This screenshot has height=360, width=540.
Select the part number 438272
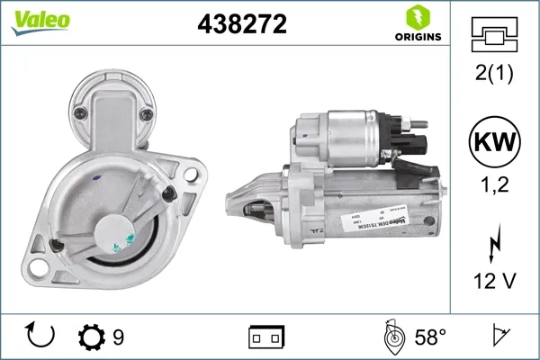(x=242, y=25)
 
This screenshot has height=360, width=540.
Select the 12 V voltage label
(x=495, y=283)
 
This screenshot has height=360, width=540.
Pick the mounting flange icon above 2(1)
(x=495, y=36)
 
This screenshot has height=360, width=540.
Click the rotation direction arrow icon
(x=41, y=337)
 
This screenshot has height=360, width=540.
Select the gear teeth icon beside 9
(x=91, y=337)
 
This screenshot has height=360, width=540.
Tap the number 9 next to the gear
(x=119, y=337)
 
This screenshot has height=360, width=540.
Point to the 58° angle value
(x=430, y=337)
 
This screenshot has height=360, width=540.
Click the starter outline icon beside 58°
(x=392, y=337)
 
